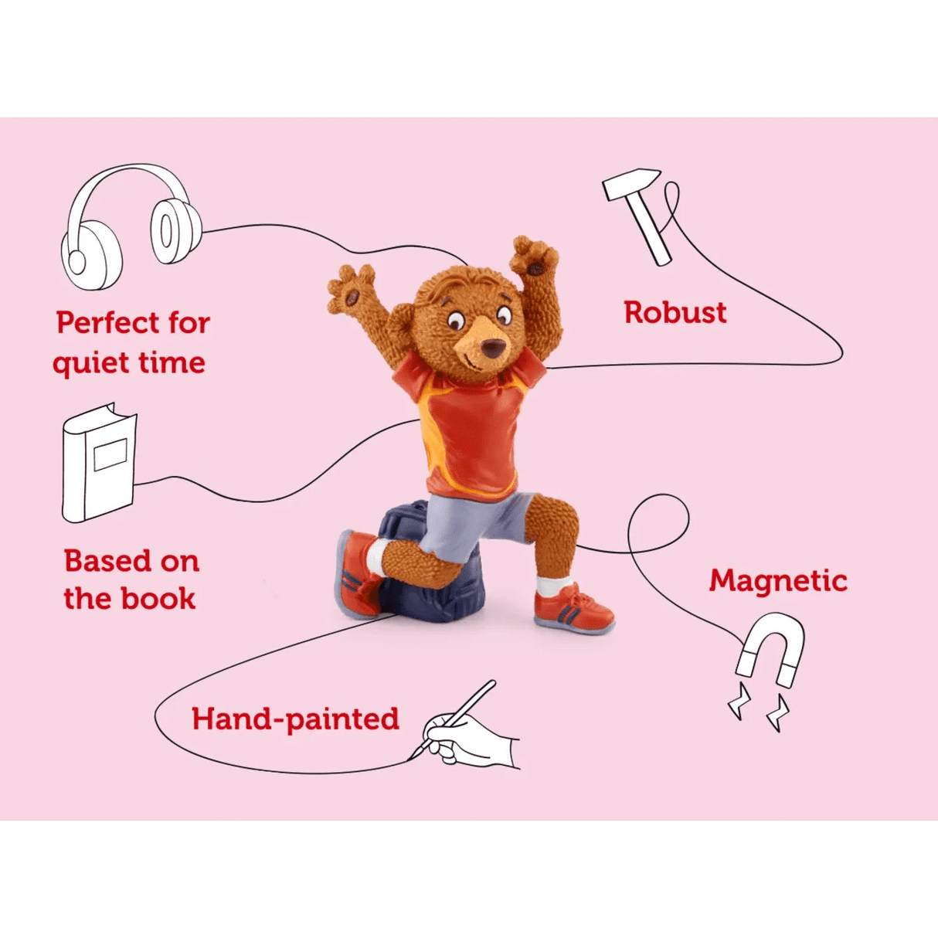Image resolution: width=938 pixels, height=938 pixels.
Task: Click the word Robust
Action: pyautogui.click(x=675, y=313)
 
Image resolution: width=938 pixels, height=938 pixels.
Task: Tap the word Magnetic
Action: pyautogui.click(x=777, y=581)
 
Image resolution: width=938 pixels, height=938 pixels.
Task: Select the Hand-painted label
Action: pyautogui.click(x=295, y=719)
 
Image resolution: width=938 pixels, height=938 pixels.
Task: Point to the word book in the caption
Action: pyautogui.click(x=161, y=599)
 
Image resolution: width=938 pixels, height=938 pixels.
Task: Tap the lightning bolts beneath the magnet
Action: pyautogui.click(x=757, y=707)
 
